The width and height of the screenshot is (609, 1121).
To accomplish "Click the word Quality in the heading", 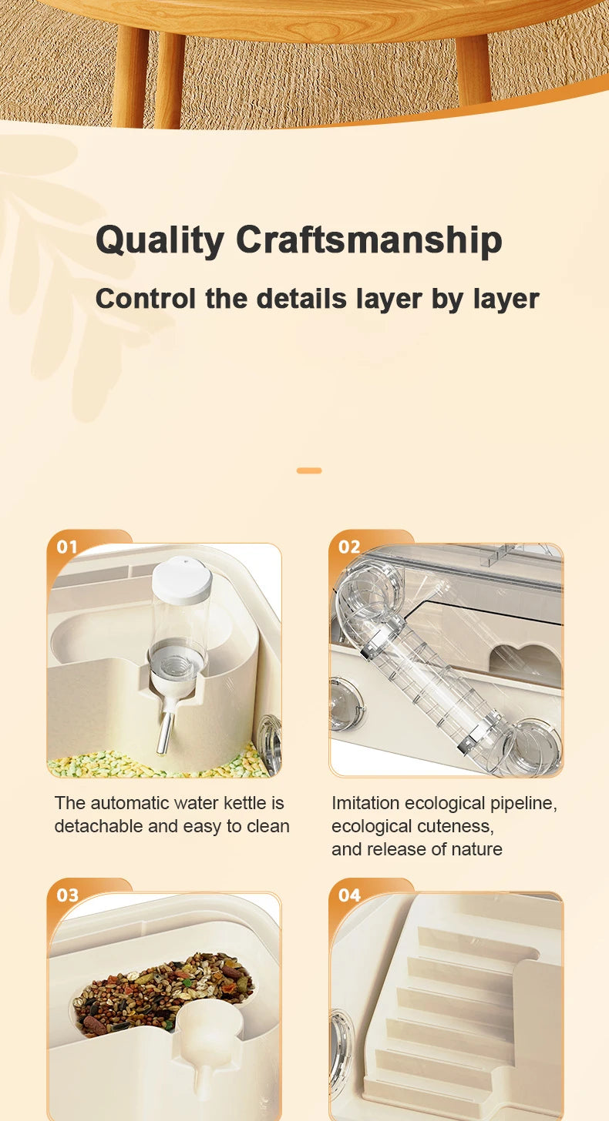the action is (160, 241).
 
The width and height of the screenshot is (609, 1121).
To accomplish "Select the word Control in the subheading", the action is (146, 299).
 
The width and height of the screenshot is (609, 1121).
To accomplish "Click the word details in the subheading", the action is (301, 299).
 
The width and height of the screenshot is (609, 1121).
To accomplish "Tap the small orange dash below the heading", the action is (309, 470).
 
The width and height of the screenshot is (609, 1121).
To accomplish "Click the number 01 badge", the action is (67, 547).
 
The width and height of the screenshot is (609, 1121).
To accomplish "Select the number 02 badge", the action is (349, 547).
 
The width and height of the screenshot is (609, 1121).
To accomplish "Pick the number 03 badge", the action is (67, 895).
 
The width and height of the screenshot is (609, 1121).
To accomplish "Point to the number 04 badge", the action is (349, 895).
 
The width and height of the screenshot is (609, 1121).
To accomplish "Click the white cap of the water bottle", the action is (182, 581).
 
